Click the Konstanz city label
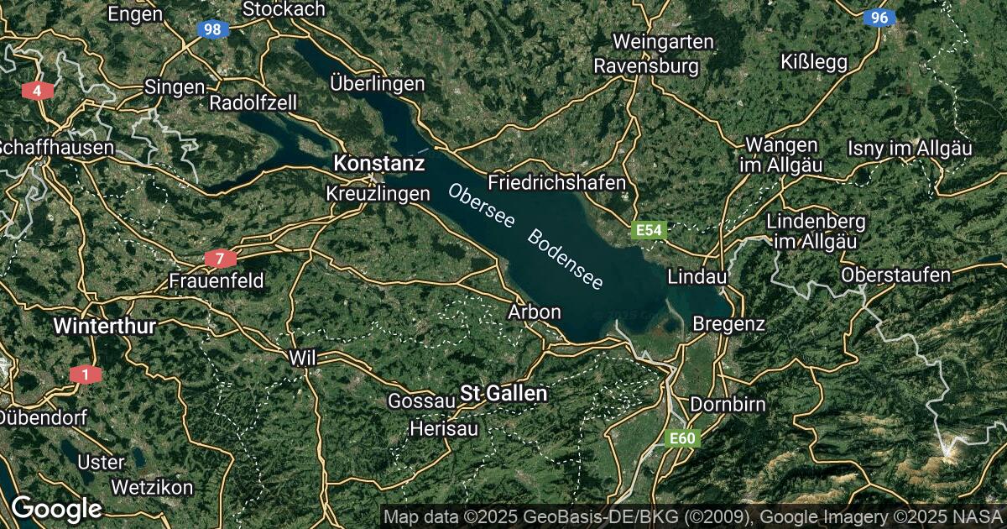[x=378, y=163]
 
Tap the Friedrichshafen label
[x=557, y=182]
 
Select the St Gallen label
[x=503, y=393]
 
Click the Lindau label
[x=697, y=276]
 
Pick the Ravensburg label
[x=646, y=65]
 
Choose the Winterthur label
[x=105, y=327]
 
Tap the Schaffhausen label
[x=56, y=148]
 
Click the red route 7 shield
[x=220, y=259]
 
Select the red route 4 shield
[x=37, y=90]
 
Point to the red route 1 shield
[x=83, y=374]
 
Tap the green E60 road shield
[x=681, y=438]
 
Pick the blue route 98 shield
[x=213, y=29]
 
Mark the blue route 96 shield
[x=879, y=18]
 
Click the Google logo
[x=56, y=509]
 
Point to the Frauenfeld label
[x=216, y=280]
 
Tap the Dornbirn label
[x=728, y=405]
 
